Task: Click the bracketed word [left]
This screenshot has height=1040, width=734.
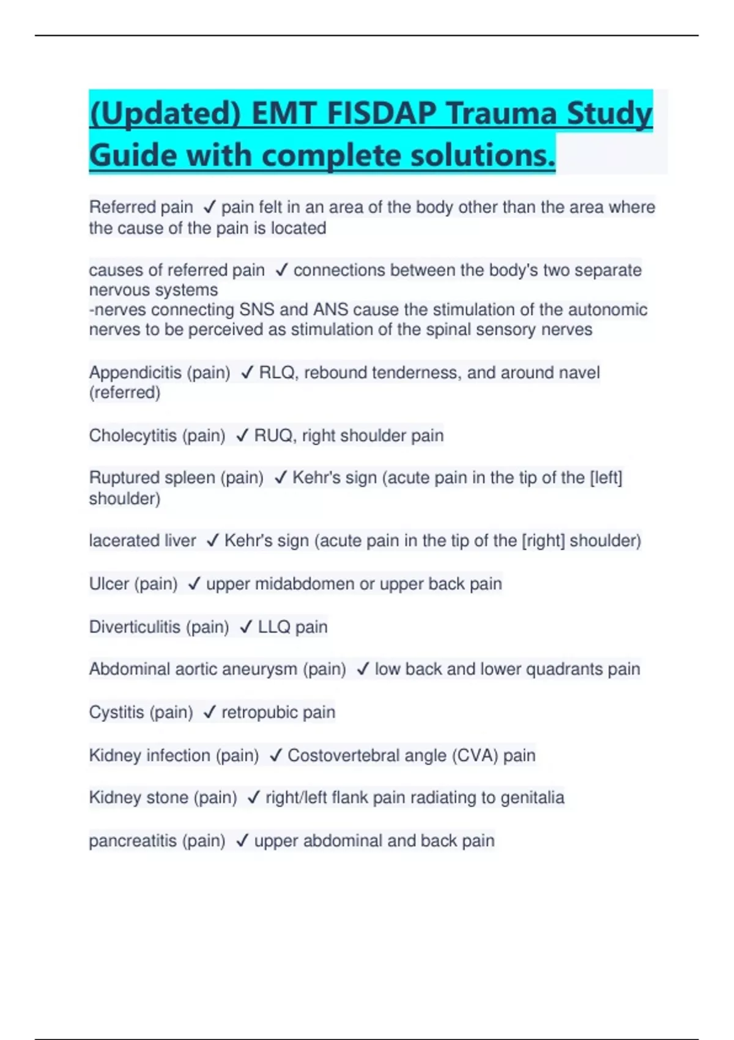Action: click(x=606, y=478)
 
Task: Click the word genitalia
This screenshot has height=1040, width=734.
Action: click(x=532, y=798)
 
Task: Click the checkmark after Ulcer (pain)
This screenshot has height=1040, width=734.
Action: click(x=195, y=584)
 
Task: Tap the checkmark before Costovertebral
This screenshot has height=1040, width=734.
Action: click(x=275, y=756)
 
